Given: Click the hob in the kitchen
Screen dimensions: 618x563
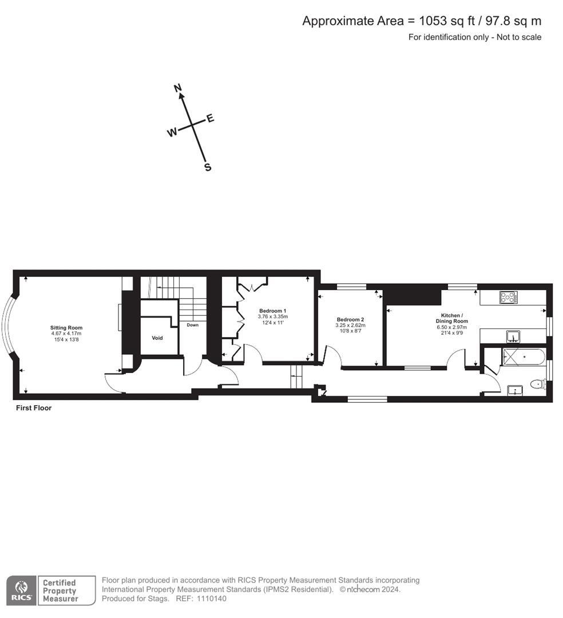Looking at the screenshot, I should [508, 297].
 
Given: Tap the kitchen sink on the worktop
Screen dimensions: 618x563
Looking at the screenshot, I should [513, 335].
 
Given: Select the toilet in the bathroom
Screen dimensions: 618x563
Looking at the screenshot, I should [538, 385].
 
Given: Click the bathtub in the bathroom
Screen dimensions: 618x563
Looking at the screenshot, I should [523, 357].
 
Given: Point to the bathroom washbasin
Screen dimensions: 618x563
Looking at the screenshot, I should [515, 390].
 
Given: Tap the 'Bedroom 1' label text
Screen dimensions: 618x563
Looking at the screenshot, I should [272, 311].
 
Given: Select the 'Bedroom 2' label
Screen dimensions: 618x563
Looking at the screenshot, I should [350, 320].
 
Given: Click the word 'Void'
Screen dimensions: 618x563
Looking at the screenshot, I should [157, 338].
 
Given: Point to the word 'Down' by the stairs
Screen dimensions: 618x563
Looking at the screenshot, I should [192, 325].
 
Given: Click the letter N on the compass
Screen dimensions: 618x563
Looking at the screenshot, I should [178, 88].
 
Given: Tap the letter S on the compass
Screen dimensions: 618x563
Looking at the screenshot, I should [208, 168].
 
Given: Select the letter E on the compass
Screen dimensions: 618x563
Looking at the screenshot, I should [210, 118].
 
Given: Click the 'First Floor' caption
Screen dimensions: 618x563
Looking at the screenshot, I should [34, 409].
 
